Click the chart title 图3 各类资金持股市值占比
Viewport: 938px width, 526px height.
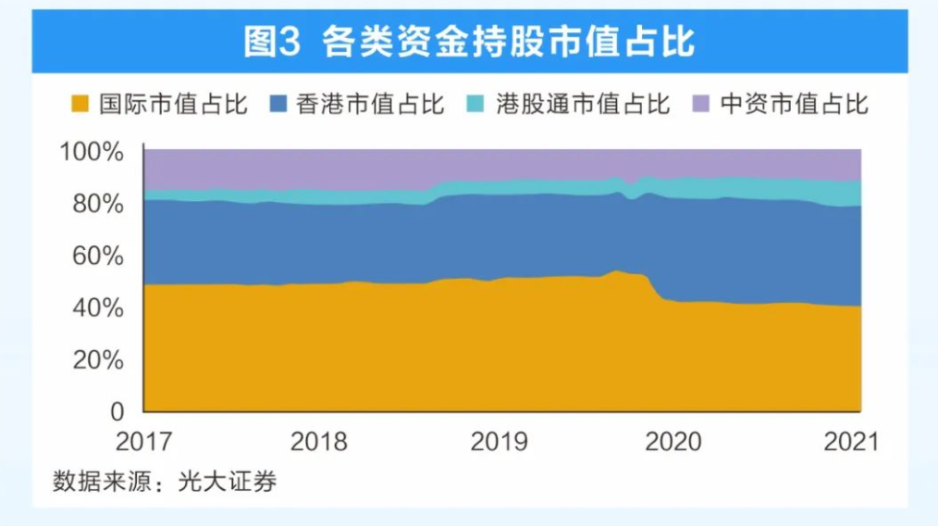(x=469, y=42)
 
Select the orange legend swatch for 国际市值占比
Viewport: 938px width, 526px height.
(x=80, y=104)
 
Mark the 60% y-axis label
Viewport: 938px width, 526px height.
(x=96, y=256)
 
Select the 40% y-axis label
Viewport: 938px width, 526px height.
(x=96, y=307)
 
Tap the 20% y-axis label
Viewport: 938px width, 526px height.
(x=96, y=359)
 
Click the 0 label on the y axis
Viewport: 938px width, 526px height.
(x=117, y=410)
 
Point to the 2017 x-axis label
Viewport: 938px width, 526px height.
(x=142, y=441)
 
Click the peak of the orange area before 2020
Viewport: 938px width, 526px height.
(x=617, y=271)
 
